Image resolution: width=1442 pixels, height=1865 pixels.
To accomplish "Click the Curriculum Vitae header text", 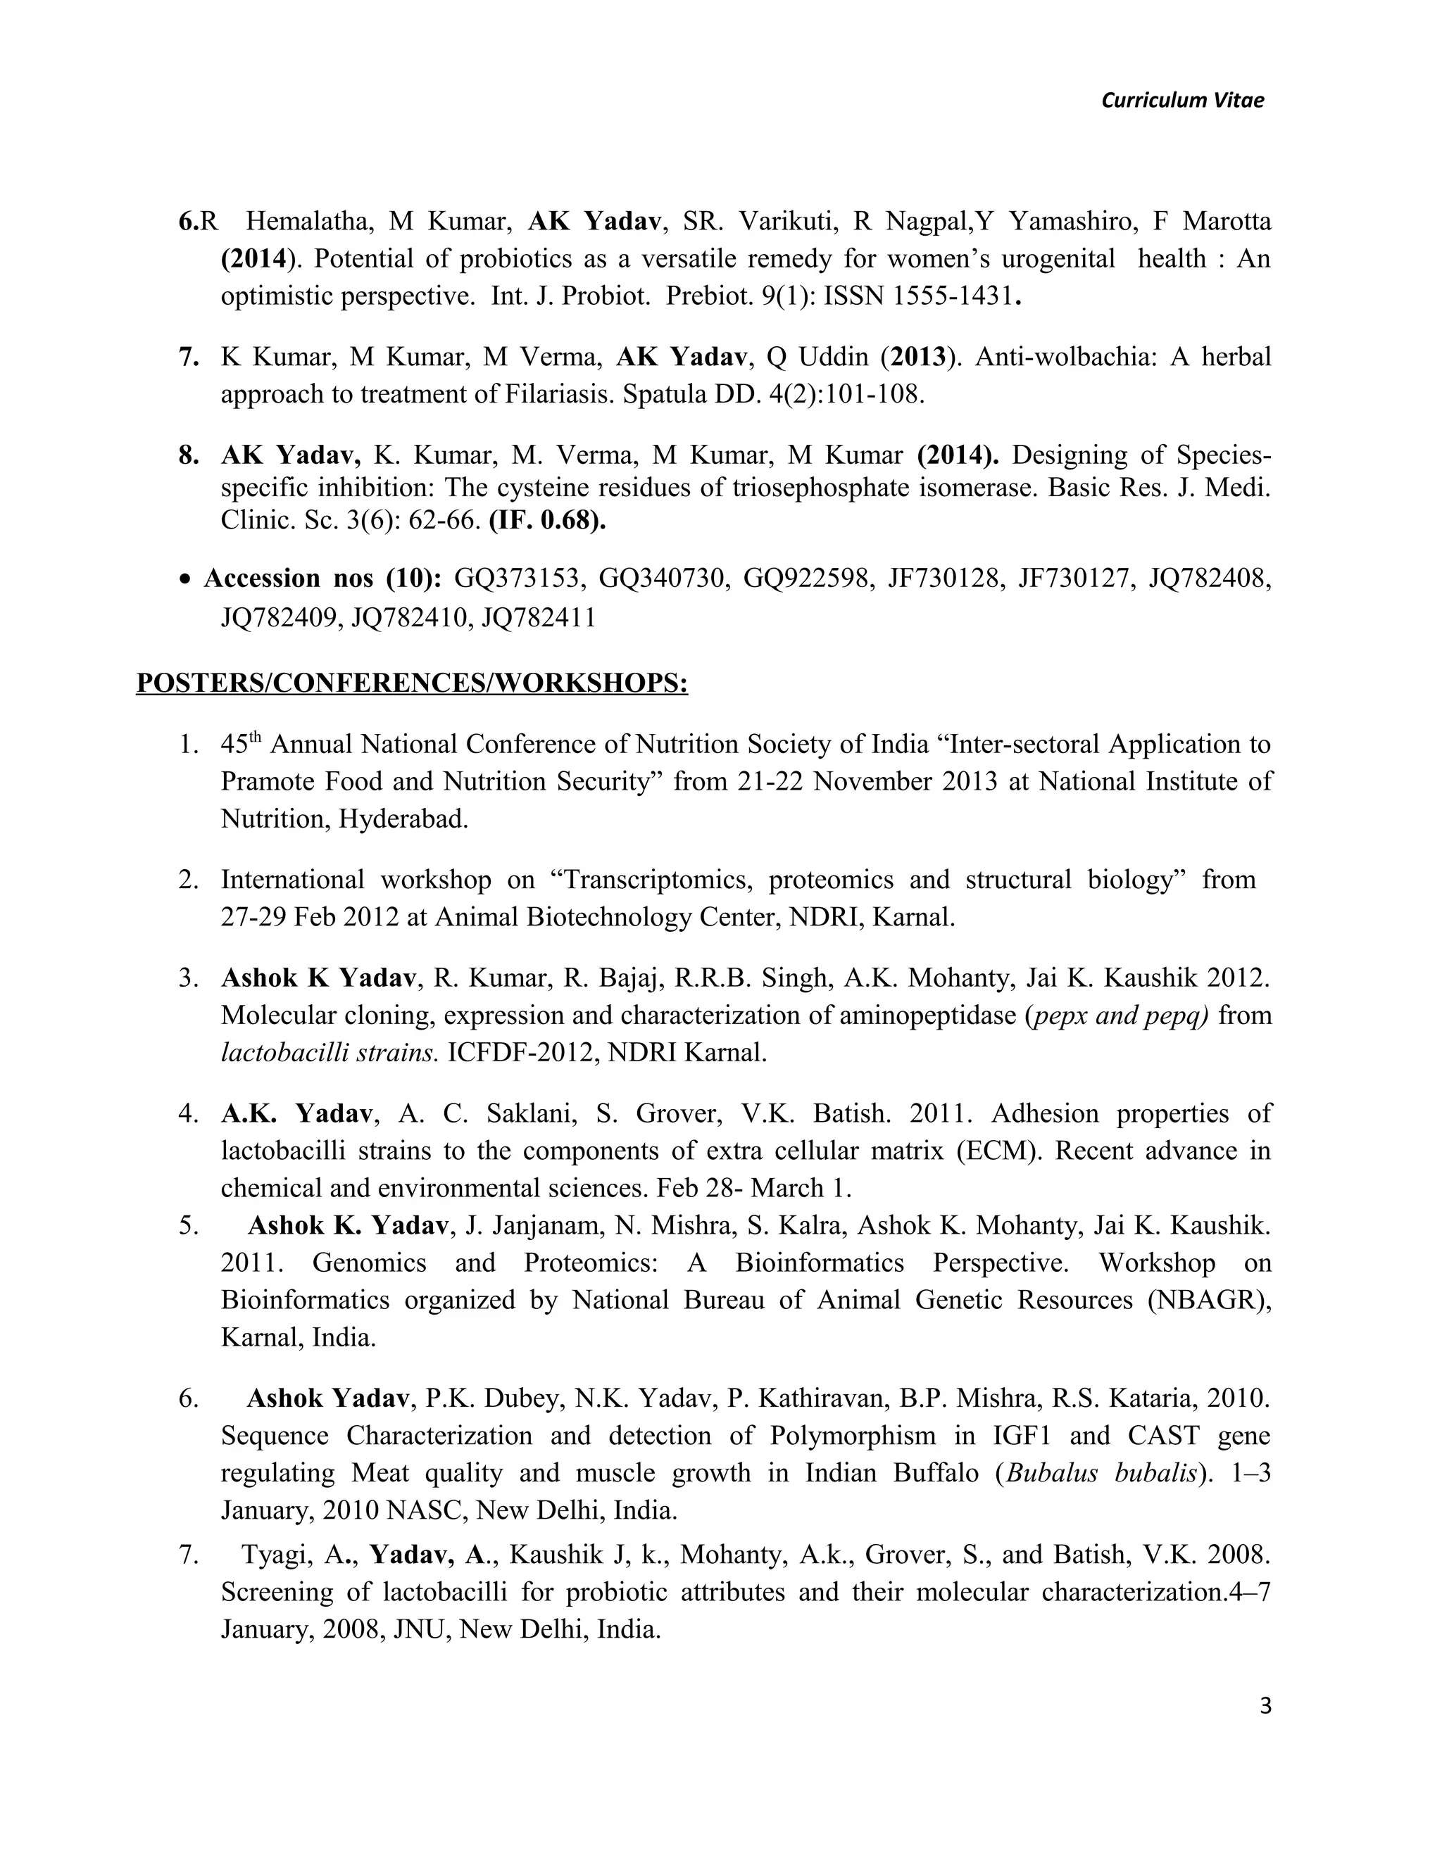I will (1182, 101).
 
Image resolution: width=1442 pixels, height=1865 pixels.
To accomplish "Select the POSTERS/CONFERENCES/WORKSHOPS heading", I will (412, 683).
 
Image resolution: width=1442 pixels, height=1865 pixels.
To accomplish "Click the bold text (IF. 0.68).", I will (546, 520).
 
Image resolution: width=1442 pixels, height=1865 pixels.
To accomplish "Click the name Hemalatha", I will (308, 222).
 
